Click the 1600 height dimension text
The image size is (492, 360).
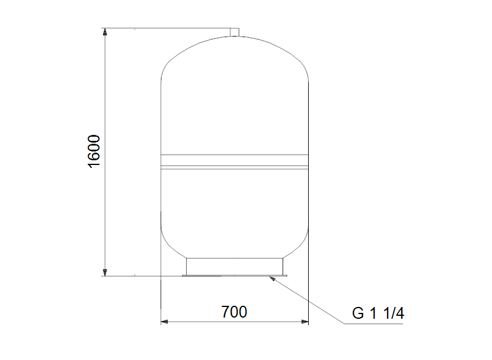(x=94, y=151)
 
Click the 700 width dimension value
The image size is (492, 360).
(x=235, y=312)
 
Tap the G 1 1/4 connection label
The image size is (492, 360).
(x=378, y=313)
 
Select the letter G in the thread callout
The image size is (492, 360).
(x=358, y=313)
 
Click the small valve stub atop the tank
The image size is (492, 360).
(x=235, y=31)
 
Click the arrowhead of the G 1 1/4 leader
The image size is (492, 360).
(x=272, y=278)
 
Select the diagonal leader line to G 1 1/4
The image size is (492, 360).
(x=306, y=300)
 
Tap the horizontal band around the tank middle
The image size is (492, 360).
(x=235, y=161)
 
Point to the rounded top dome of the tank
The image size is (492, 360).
(x=235, y=53)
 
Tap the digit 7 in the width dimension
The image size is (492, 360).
(x=226, y=312)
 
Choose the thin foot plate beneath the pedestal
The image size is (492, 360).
(x=235, y=275)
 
